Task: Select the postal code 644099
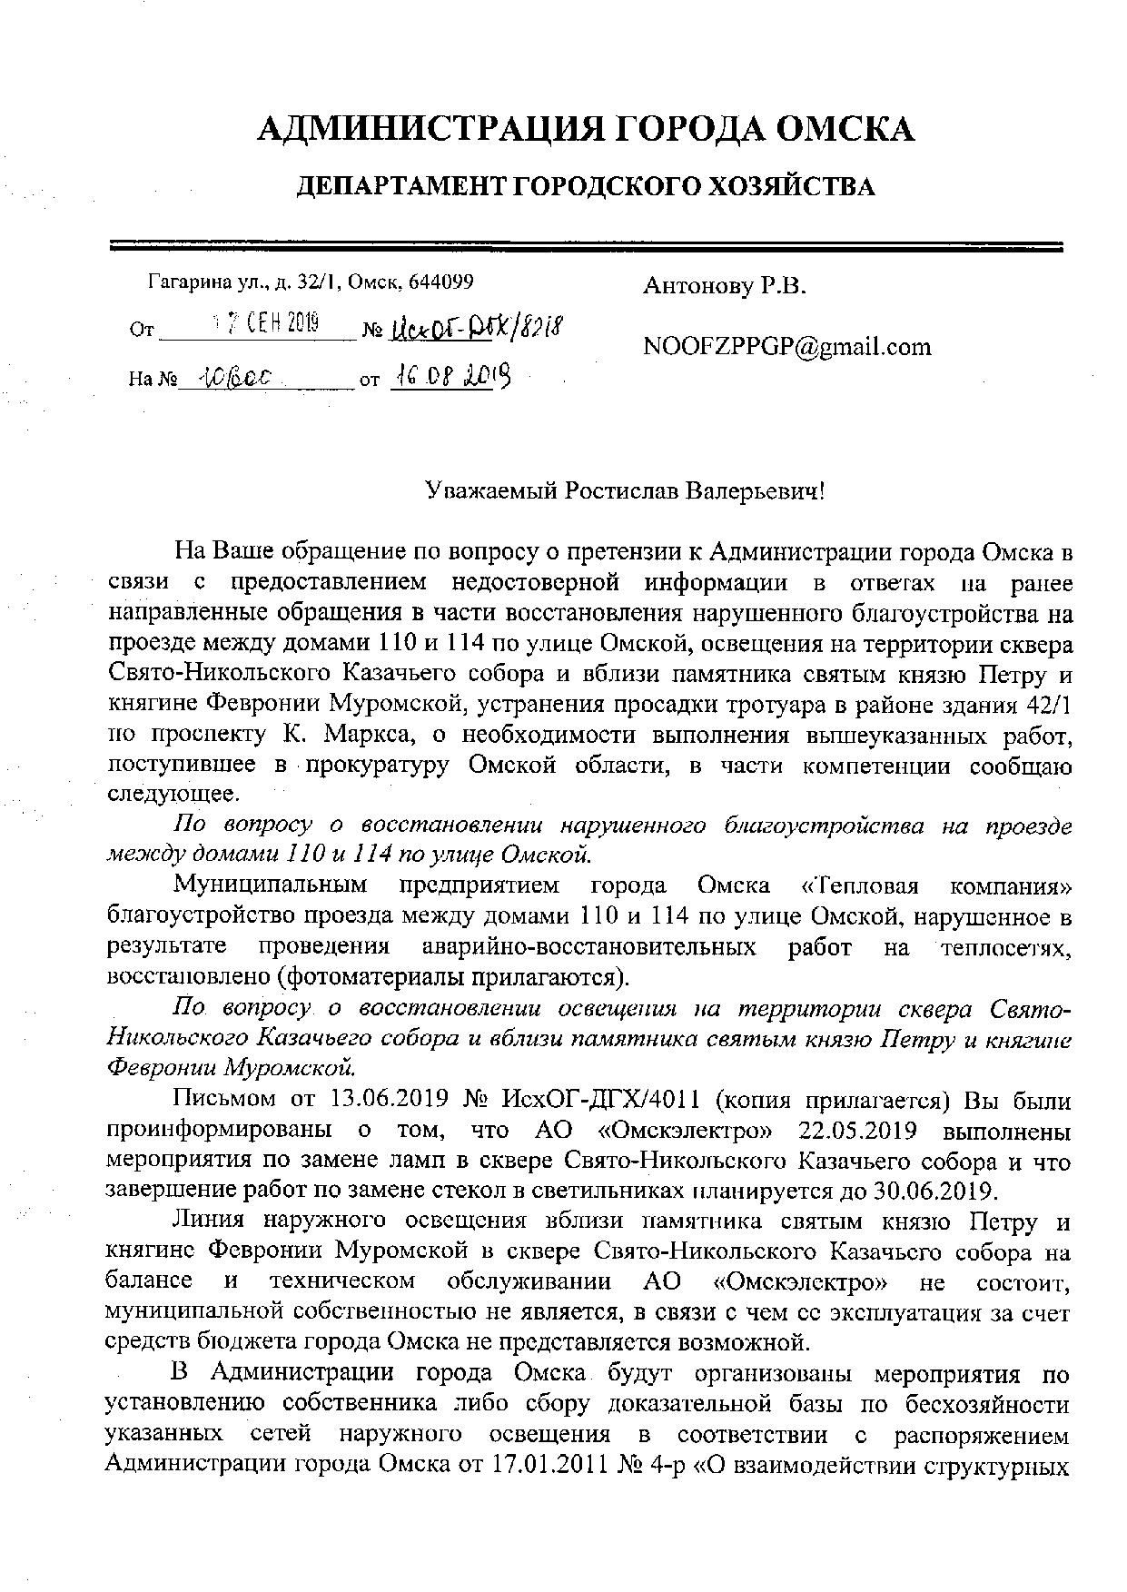(x=441, y=282)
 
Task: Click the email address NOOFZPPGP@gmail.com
(x=786, y=346)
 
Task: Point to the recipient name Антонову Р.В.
(x=724, y=287)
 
